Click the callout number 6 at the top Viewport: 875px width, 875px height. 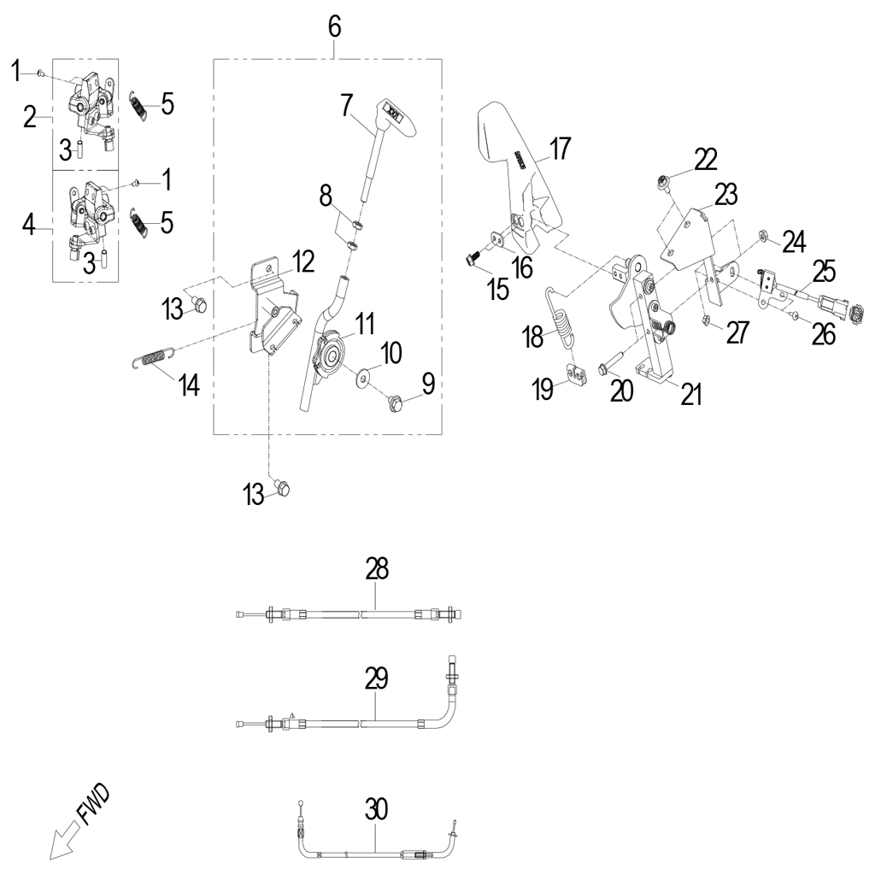point(334,26)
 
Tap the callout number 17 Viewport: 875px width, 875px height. point(560,149)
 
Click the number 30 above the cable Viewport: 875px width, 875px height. point(376,808)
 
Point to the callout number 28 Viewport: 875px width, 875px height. point(377,567)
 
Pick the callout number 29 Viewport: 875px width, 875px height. point(376,678)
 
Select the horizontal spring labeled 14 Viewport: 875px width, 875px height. point(154,360)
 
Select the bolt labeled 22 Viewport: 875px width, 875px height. point(662,181)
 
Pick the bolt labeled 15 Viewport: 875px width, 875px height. point(473,255)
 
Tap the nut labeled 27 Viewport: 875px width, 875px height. point(708,321)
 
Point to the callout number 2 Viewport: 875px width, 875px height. point(30,117)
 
